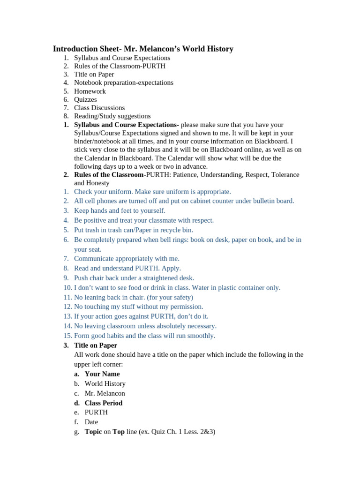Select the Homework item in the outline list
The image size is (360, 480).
[x=90, y=91]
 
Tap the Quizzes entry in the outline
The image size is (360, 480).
[x=85, y=99]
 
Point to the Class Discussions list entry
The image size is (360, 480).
[x=99, y=108]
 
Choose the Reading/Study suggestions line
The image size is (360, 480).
[x=112, y=116]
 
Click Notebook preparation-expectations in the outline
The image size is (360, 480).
[x=124, y=83]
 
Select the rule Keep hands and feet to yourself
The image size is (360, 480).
[x=120, y=210]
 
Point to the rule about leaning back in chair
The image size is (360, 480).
[x=134, y=297]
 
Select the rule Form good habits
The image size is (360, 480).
[x=144, y=336]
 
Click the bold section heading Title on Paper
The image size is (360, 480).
[x=96, y=345]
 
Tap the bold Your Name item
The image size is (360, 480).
[x=102, y=374]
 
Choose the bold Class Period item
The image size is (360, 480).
[x=104, y=403]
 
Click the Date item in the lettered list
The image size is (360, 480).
[x=91, y=422]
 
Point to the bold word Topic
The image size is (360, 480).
[x=93, y=432]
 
